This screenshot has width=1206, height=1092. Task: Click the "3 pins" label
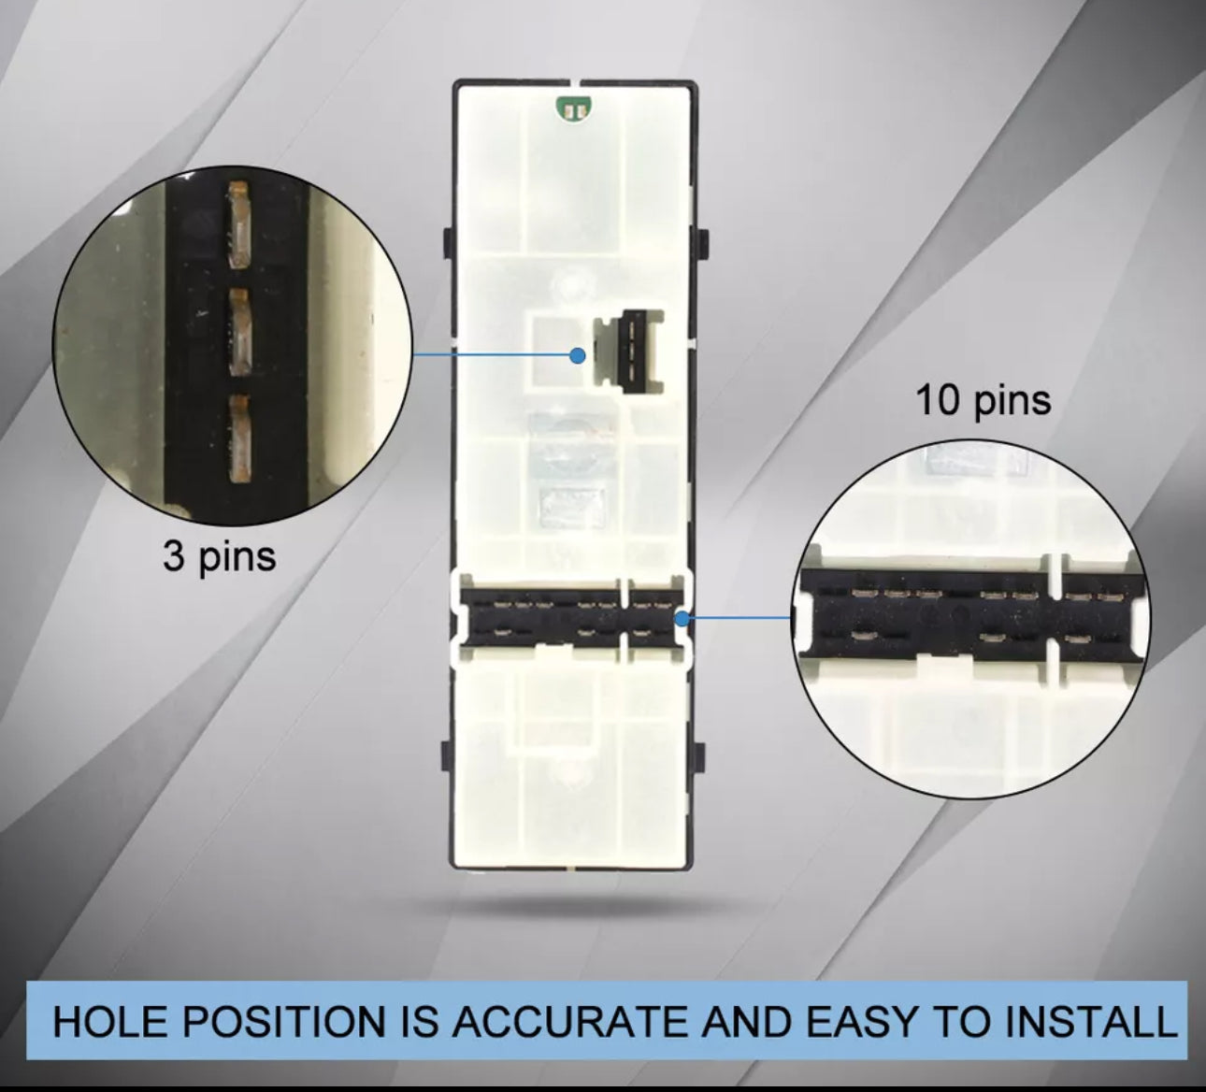pos(219,557)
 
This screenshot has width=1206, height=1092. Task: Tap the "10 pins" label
pos(983,400)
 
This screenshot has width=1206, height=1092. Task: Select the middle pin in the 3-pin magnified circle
pos(238,333)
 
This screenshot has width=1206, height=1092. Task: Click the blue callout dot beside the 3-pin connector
pos(578,355)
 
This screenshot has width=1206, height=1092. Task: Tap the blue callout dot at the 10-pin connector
pos(682,618)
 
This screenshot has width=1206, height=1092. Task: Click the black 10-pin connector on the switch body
pos(571,617)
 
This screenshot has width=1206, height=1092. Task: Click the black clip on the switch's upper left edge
pos(448,243)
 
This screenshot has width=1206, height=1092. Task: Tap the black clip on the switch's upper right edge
pos(702,243)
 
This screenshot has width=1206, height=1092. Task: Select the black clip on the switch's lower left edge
pos(447,755)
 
